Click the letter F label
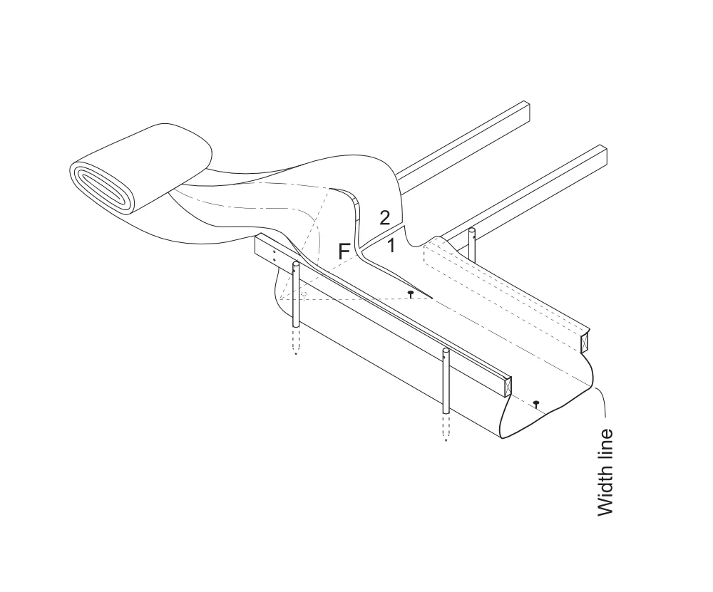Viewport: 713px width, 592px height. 344,251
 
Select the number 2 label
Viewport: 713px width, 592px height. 385,218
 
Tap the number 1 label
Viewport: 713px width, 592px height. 391,246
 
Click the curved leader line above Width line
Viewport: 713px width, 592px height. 600,400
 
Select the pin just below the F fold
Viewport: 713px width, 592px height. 411,294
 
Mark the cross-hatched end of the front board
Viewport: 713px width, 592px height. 506,387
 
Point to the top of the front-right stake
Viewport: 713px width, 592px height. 446,350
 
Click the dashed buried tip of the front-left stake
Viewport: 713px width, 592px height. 296,341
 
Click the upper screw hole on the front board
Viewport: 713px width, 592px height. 274,251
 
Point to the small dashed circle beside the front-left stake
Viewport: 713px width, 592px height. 304,294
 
